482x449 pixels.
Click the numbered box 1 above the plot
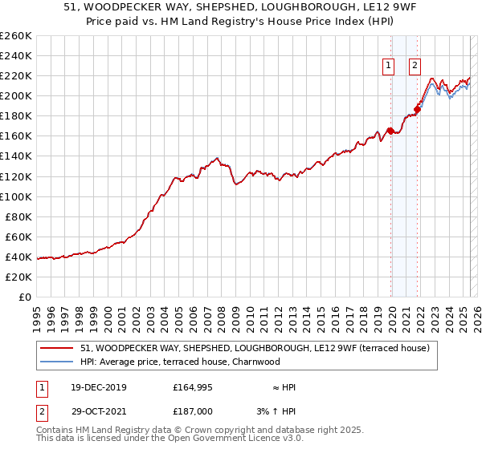click(x=388, y=67)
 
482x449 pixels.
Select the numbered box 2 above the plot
click(x=415, y=67)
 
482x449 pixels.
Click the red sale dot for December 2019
click(x=390, y=131)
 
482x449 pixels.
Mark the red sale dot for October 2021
click(x=417, y=109)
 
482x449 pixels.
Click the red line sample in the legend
click(x=58, y=348)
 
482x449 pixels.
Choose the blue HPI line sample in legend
click(x=58, y=362)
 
